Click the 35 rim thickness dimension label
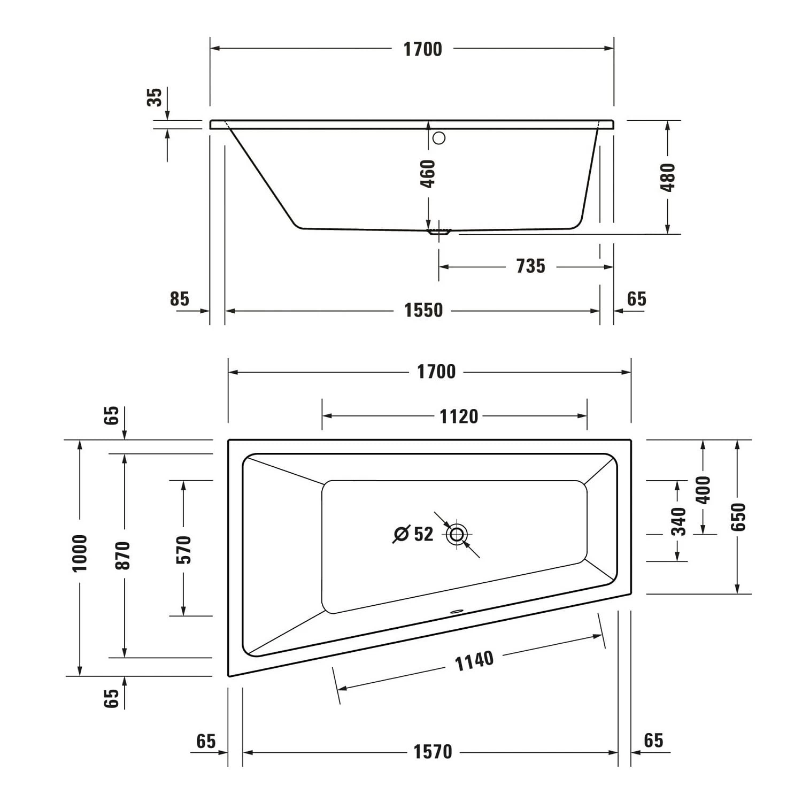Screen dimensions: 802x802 (x=155, y=97)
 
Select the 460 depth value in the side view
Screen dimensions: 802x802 (x=428, y=173)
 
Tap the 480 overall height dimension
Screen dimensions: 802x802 (x=668, y=177)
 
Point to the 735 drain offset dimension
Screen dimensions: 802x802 (x=530, y=266)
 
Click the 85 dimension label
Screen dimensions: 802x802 (x=180, y=299)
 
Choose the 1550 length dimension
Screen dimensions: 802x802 (x=423, y=310)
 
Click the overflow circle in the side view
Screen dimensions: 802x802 (x=439, y=138)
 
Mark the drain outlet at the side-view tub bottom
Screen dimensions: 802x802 (x=439, y=233)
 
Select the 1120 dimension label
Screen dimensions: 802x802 (x=458, y=416)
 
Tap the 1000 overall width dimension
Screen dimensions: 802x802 (x=80, y=552)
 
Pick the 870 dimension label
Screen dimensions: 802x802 (x=124, y=555)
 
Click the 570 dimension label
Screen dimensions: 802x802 (x=183, y=549)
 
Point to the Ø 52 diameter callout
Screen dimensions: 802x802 (x=413, y=534)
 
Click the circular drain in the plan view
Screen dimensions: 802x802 (x=457, y=534)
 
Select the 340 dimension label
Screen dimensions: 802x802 (x=678, y=521)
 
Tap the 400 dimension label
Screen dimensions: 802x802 (x=703, y=489)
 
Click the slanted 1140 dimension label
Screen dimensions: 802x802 (x=474, y=661)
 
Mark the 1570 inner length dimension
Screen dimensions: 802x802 (x=433, y=752)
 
